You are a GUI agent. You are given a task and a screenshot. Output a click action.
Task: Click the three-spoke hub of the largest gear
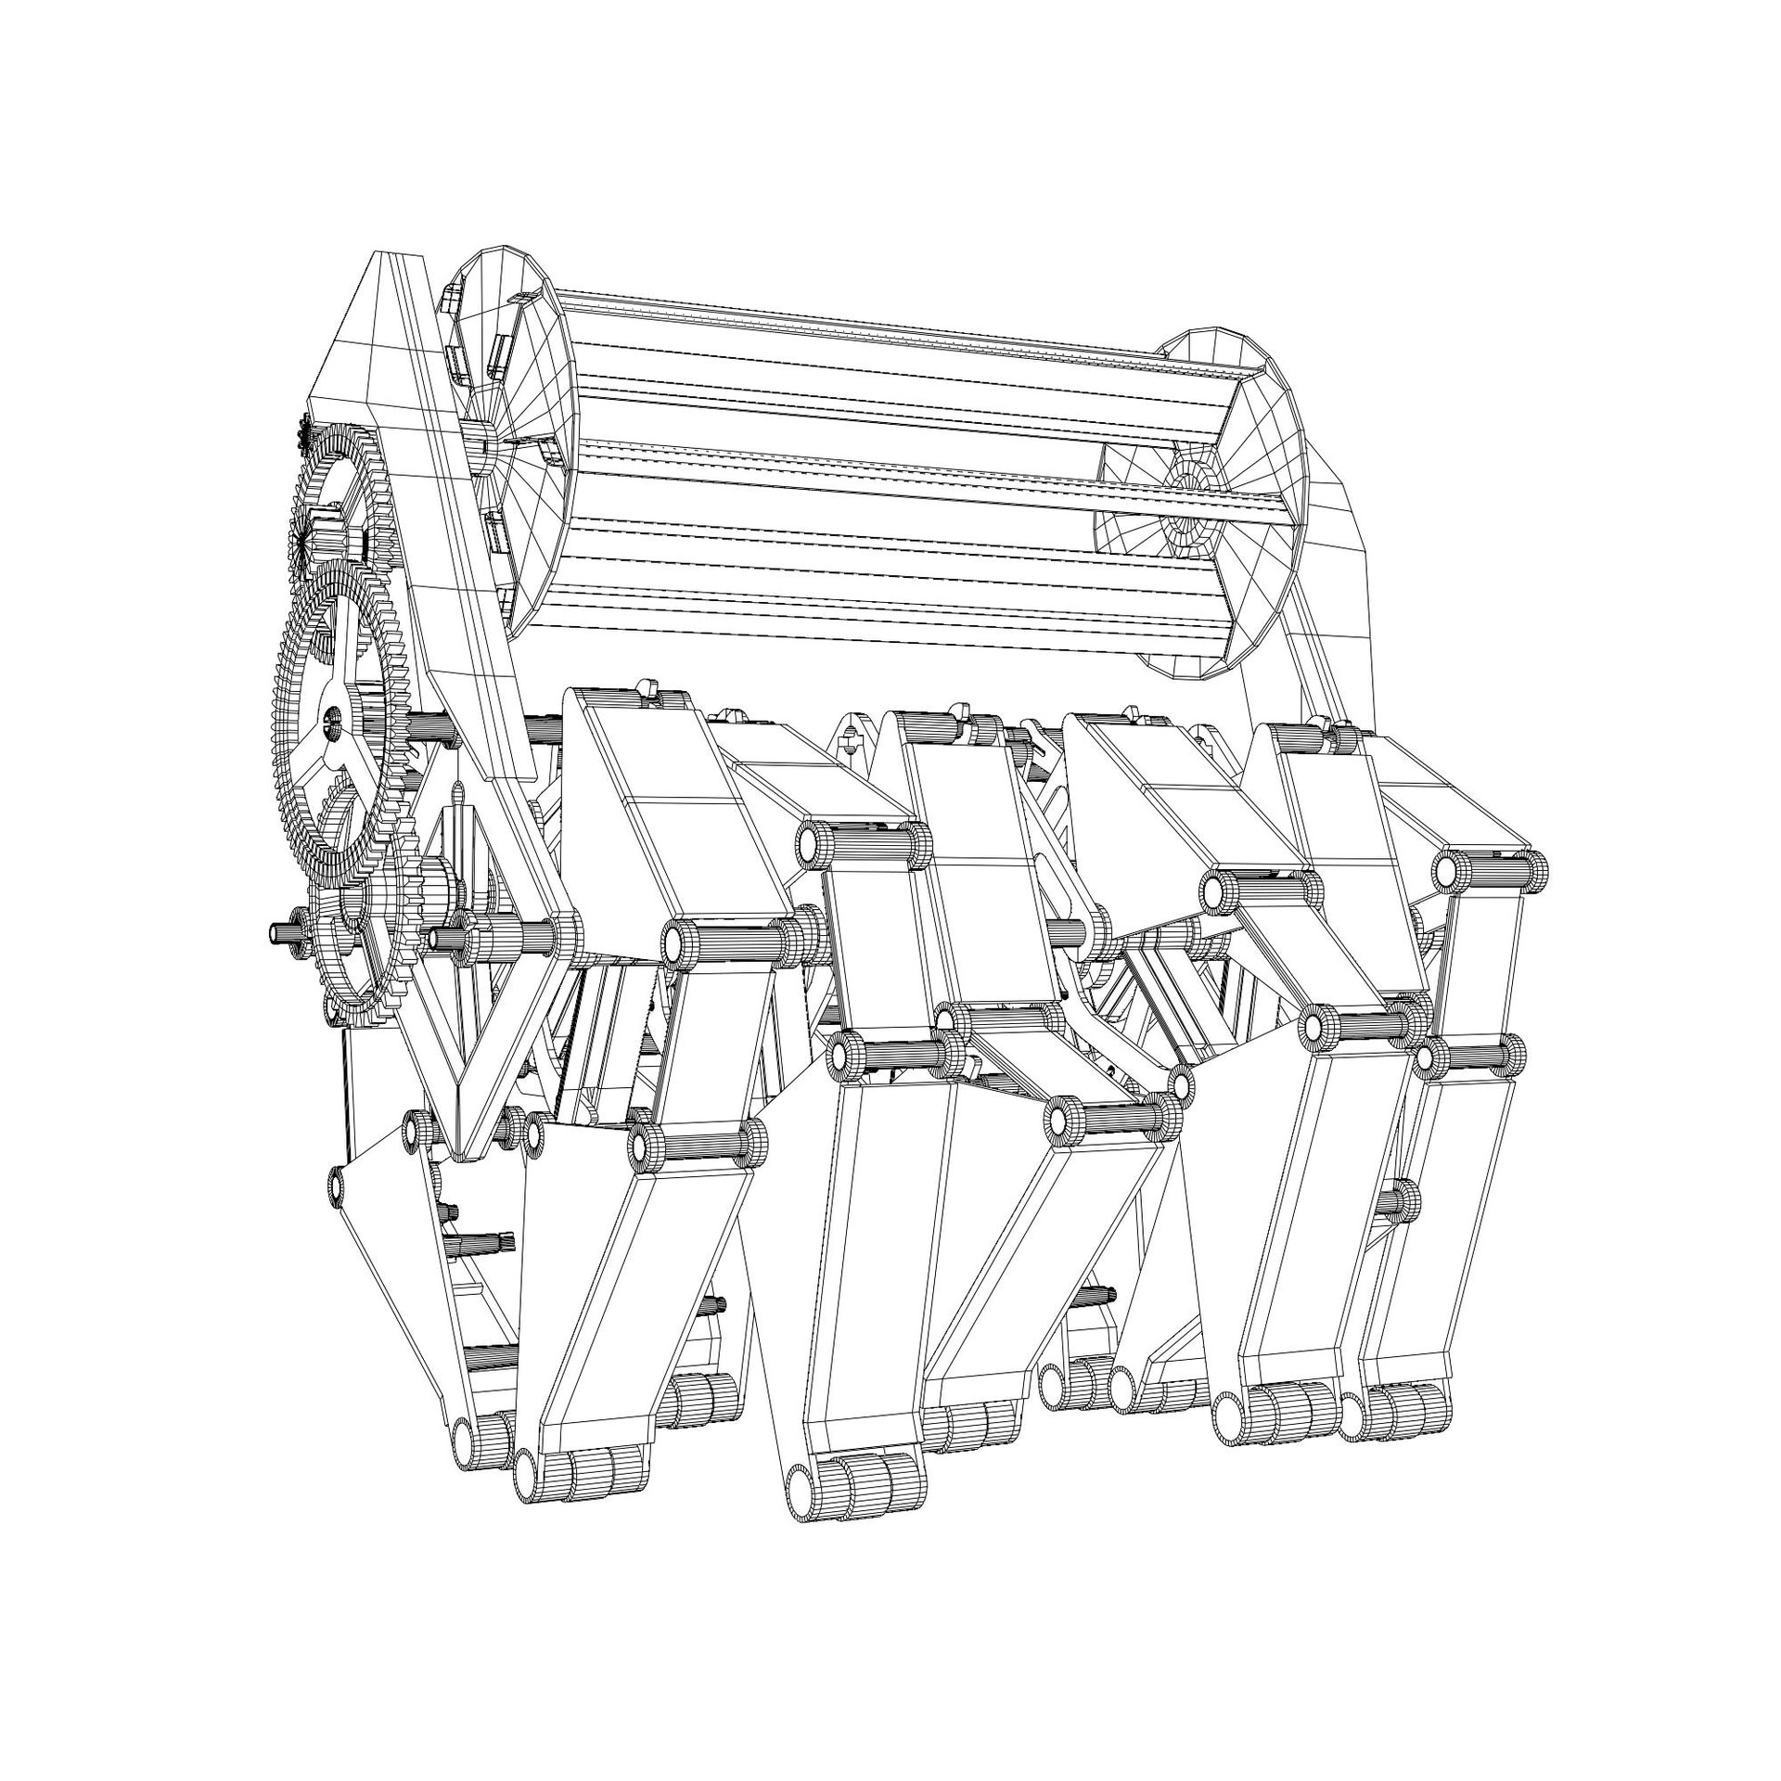(x=333, y=719)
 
